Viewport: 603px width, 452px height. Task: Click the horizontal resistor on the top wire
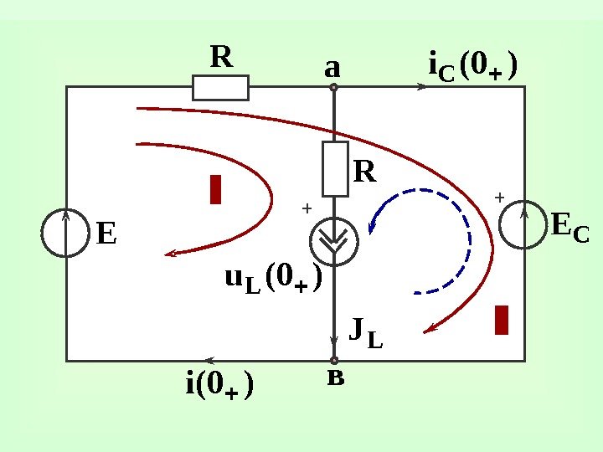pyautogui.click(x=220, y=87)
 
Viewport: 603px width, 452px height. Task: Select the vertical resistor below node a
pyautogui.click(x=335, y=169)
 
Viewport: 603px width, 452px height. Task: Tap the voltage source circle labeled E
pyautogui.click(x=65, y=233)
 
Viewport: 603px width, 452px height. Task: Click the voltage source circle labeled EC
pyautogui.click(x=523, y=224)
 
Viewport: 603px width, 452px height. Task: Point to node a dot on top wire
pyautogui.click(x=333, y=86)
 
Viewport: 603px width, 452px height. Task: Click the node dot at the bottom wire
pyautogui.click(x=334, y=360)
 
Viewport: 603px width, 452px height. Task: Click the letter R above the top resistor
pyautogui.click(x=221, y=58)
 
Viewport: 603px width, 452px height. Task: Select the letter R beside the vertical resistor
pyautogui.click(x=366, y=172)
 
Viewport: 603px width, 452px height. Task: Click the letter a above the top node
pyautogui.click(x=333, y=66)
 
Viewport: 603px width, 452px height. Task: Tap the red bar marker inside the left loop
pyautogui.click(x=215, y=189)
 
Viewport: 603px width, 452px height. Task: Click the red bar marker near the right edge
pyautogui.click(x=502, y=320)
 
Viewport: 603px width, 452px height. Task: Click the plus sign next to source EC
pyautogui.click(x=499, y=198)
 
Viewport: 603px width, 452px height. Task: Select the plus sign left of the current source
pyautogui.click(x=306, y=207)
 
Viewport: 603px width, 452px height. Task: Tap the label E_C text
pyautogui.click(x=569, y=227)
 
